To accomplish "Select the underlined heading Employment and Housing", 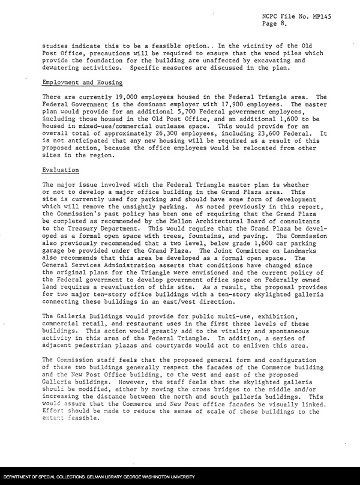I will point(83,82).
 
